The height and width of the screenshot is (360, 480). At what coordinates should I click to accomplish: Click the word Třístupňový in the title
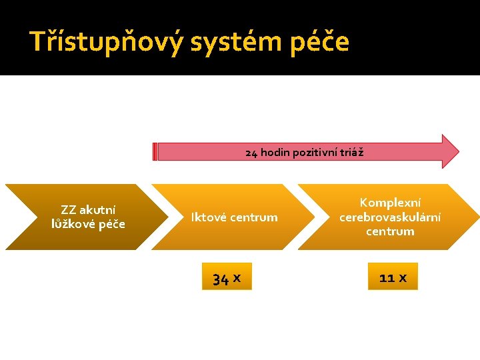point(106,41)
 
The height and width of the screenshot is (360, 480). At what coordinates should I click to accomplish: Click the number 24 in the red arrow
point(251,153)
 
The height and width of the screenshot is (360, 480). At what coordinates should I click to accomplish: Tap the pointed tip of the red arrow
point(457,151)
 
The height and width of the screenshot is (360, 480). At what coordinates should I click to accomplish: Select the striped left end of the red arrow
point(155,152)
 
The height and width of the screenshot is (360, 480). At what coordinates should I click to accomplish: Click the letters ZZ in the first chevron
point(68,211)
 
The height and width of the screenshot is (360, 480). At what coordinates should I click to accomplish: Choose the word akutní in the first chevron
point(97,211)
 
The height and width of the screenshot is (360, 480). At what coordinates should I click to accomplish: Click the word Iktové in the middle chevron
point(210,217)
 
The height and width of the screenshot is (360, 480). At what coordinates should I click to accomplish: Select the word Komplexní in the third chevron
point(390,203)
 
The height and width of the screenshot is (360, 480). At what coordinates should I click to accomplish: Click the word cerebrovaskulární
point(390,217)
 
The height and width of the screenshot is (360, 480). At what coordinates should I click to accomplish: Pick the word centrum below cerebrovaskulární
point(390,231)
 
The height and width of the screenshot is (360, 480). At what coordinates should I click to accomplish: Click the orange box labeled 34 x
point(227,277)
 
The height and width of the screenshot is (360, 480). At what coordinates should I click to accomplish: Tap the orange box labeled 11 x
point(393,277)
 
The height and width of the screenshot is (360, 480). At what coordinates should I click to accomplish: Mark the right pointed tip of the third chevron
point(477,217)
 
